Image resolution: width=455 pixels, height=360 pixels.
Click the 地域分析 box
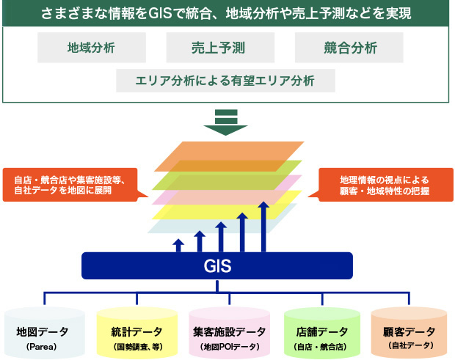point(91,48)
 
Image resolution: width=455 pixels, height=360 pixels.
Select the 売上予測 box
point(220,48)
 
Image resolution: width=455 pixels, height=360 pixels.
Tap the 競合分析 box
point(349,48)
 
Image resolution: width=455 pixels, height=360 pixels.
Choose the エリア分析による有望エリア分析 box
point(225,80)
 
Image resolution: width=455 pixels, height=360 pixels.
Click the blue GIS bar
point(217,265)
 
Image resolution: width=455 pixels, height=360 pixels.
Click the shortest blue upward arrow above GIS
point(177,245)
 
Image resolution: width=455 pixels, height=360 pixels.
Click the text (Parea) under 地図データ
point(41,345)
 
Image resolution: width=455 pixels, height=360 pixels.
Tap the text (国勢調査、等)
point(137,345)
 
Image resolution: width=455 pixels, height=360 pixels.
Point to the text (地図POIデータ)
point(227,345)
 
